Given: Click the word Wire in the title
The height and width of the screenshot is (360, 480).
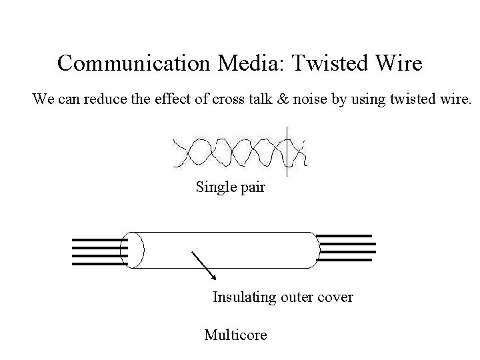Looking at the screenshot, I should coord(398,63).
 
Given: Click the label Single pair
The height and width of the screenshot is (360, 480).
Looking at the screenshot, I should coord(230,187).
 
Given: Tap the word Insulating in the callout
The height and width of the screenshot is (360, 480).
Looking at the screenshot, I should coord(244,297).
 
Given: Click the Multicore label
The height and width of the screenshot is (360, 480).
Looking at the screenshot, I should coord(235,335).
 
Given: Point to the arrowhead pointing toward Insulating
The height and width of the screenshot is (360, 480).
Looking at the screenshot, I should coord(213,277).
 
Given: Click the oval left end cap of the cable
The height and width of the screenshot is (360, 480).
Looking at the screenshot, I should coord(135,249).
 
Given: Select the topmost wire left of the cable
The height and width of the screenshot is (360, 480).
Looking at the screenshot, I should coord(97,239).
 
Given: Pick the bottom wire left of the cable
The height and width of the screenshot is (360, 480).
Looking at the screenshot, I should coord(97,263).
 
